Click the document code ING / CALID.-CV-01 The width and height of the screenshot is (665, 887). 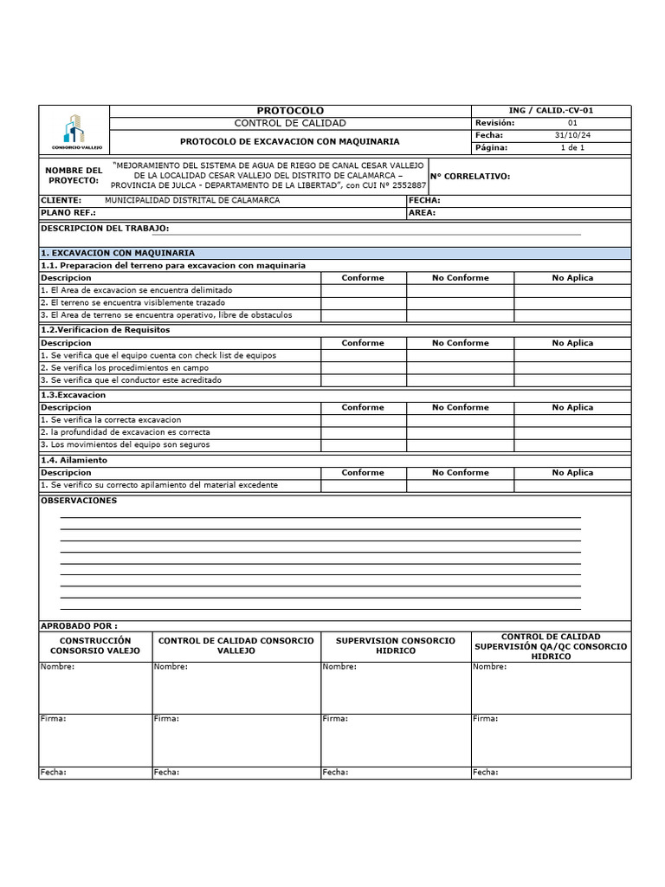point(551,110)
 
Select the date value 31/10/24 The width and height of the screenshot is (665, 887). point(572,135)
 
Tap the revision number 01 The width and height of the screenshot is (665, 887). point(572,123)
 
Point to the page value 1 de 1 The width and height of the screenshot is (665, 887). point(572,147)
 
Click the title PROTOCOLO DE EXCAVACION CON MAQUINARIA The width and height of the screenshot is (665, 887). point(290,140)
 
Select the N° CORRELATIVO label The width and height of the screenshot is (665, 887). point(470,177)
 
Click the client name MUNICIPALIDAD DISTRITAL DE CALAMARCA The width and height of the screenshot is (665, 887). point(191,200)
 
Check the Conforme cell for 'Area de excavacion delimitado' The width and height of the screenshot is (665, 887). point(363,290)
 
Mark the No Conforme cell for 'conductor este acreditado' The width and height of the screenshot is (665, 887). point(460,380)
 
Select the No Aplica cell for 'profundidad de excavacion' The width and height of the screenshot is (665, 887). point(572,432)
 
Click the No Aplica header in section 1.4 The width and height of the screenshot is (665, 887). point(572,473)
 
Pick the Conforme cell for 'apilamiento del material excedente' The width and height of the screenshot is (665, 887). point(363,485)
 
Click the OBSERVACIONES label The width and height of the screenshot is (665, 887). point(79,501)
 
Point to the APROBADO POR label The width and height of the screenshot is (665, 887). point(79,625)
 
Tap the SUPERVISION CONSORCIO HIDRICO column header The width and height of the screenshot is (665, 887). point(395,645)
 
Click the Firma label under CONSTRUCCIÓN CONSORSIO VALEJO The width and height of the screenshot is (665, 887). point(54,719)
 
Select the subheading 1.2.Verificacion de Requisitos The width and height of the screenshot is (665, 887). point(106,330)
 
